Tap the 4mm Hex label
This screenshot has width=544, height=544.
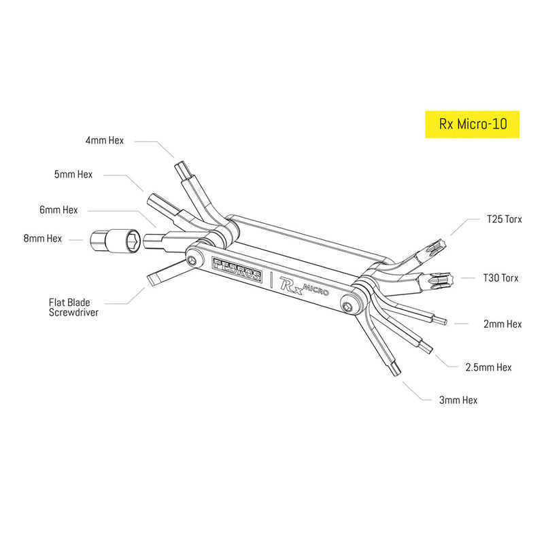coord(105,141)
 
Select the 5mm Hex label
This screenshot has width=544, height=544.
coord(73,174)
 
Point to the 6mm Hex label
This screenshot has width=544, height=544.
coord(58,210)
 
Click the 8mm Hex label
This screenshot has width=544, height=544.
coord(43,239)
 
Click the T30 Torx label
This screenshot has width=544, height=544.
coord(500,277)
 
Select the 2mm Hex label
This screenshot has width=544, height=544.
coord(503,324)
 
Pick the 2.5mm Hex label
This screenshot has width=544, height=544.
coord(488,367)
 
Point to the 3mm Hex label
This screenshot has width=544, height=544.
coord(458,400)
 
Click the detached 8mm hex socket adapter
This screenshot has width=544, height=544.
coord(116,239)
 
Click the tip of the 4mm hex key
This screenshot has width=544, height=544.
coord(182,166)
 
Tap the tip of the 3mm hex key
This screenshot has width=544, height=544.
coord(396,372)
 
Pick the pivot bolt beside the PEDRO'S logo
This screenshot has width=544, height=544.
coord(196,260)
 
